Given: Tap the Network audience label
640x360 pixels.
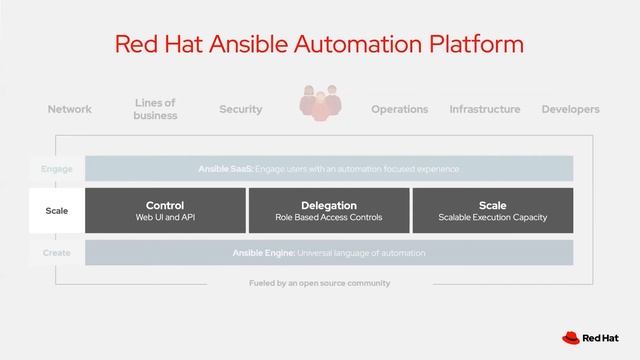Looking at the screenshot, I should click(x=70, y=109).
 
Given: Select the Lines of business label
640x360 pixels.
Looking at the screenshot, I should click(x=155, y=109).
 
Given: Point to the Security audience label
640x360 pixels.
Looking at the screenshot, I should click(x=240, y=109).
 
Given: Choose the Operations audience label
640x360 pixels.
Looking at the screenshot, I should click(x=399, y=109).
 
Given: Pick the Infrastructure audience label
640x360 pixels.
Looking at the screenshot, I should click(x=485, y=109).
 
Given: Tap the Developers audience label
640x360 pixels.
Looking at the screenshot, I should click(x=570, y=109).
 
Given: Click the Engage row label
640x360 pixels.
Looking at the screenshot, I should click(x=57, y=169).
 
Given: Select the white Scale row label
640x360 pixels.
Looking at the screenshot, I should click(x=57, y=211).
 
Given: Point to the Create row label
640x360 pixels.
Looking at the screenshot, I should click(x=57, y=253).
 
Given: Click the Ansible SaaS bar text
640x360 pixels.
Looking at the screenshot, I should click(x=328, y=169).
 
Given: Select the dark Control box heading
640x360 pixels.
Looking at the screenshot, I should click(x=165, y=205).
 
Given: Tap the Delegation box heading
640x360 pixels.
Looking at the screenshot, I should click(x=329, y=205).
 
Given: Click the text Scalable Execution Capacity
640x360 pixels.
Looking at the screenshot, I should click(x=493, y=217).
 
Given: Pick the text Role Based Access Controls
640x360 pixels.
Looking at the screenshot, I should click(x=329, y=217).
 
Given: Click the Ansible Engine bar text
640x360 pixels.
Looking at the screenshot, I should click(x=328, y=253).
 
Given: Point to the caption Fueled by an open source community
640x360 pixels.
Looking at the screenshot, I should click(x=319, y=283).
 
